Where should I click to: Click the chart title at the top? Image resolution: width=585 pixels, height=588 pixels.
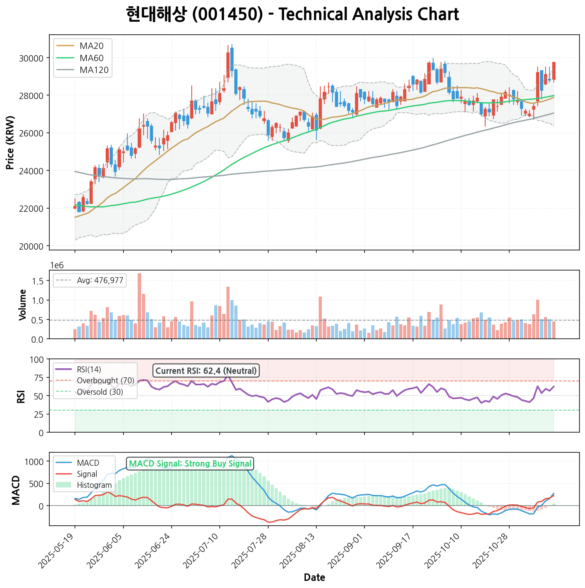[x=292, y=15]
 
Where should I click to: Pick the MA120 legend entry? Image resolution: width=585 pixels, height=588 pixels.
[x=94, y=70]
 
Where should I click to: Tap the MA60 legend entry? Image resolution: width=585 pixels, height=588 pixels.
[x=92, y=58]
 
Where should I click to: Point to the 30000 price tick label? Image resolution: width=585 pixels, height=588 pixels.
[x=31, y=58]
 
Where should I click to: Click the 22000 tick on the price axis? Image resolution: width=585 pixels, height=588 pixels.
[x=31, y=209]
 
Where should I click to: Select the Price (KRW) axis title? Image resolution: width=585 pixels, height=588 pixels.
[x=11, y=143]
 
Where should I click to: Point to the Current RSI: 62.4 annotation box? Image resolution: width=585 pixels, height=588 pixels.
[x=206, y=371]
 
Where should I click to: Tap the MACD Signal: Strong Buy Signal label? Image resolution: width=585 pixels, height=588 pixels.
[x=190, y=463]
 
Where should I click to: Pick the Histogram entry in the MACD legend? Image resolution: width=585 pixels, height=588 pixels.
[x=94, y=485]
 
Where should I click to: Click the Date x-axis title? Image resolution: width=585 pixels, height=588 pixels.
[x=314, y=578]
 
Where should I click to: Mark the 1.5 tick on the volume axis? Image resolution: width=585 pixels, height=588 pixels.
[x=39, y=281]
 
